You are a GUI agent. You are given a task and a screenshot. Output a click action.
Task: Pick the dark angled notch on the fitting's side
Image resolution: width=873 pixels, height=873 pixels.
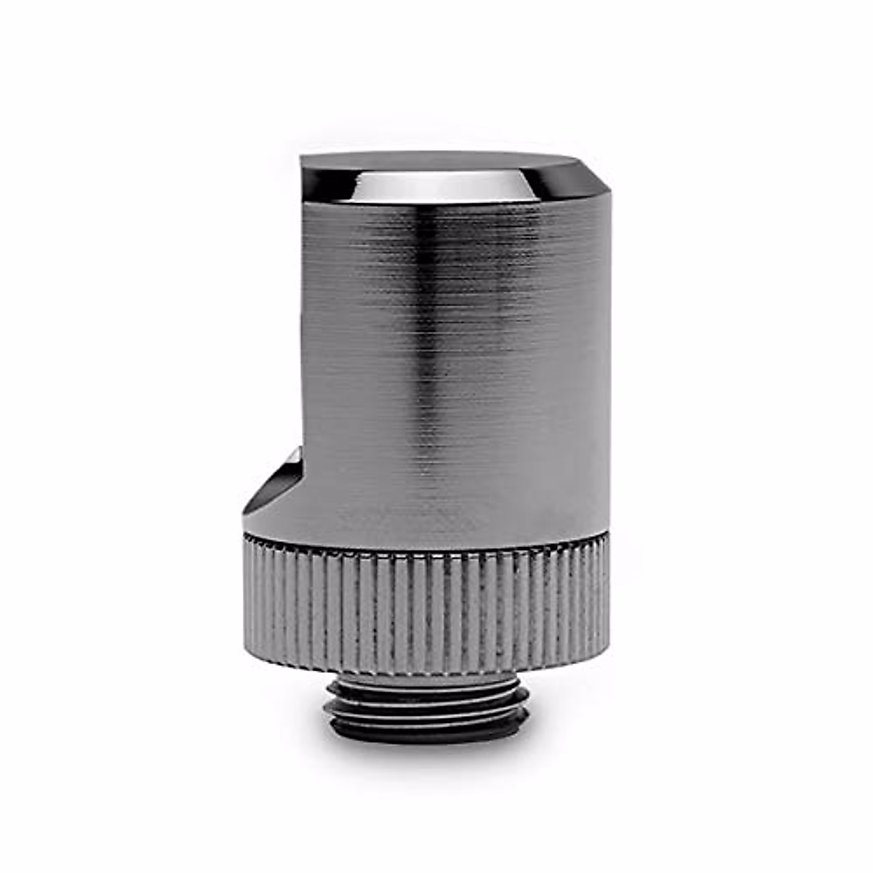click(273, 484)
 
